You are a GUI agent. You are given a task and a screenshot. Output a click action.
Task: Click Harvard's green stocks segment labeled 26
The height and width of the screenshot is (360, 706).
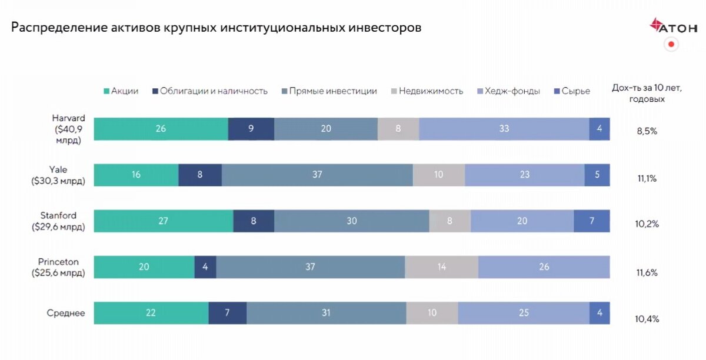point(161,129)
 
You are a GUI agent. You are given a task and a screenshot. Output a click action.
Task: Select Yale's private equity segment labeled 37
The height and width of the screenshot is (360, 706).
point(317,175)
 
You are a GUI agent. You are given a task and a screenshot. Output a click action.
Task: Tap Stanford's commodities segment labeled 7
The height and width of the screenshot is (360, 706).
point(591,221)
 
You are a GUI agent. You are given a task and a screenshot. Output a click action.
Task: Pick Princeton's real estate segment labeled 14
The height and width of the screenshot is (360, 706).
point(441,267)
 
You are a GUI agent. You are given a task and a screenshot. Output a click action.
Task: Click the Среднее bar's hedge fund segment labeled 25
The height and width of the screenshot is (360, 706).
point(524,313)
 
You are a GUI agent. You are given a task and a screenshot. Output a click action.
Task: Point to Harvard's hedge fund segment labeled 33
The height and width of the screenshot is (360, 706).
point(504,129)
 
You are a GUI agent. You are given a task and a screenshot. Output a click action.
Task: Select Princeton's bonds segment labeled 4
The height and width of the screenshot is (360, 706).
point(205,267)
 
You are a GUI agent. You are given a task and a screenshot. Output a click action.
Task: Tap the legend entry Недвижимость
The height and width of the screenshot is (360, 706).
point(426,91)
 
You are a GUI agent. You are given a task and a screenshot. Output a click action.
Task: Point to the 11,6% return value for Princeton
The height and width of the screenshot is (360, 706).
point(646,273)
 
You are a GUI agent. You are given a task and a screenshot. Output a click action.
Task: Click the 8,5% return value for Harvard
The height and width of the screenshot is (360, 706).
point(646,131)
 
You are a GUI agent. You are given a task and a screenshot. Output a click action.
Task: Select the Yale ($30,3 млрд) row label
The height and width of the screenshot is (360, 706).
point(58,175)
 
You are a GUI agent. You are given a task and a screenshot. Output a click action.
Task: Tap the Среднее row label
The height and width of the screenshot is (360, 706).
point(66,313)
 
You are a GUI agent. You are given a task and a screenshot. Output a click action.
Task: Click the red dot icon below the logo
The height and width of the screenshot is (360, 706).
point(671,44)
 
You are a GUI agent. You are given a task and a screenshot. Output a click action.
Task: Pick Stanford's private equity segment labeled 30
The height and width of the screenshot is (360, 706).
point(351,221)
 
